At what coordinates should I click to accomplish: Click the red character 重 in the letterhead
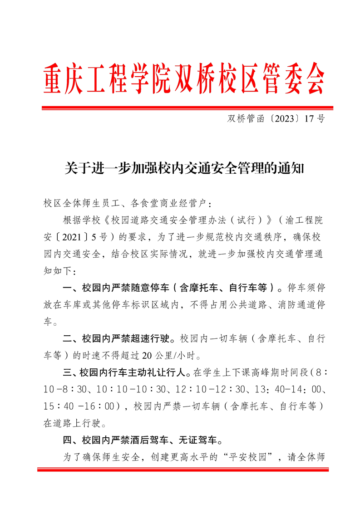point(55,79)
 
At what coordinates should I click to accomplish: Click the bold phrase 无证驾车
point(200,440)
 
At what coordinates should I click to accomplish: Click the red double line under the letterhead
point(187,108)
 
